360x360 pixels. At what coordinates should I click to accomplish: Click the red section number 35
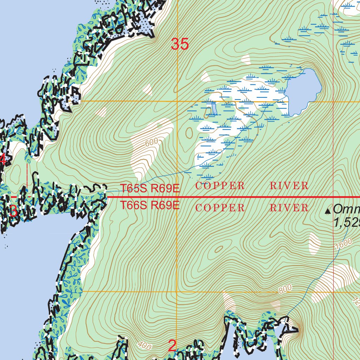tap(180, 44)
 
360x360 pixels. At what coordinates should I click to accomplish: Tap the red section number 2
tap(172, 346)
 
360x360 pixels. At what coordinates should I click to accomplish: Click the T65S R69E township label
tap(150, 189)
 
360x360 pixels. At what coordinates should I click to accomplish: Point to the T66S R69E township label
tap(150, 205)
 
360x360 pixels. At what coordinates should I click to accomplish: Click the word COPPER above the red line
tap(220, 186)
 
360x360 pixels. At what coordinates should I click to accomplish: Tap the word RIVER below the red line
tap(289, 208)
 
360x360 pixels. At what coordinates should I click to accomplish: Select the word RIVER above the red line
tap(289, 186)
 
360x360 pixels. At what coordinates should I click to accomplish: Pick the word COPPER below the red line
tap(220, 208)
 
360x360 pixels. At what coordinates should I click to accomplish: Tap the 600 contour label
tap(151, 142)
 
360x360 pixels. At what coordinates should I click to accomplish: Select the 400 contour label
tap(144, 346)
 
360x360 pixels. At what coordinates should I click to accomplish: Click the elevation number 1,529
tap(346, 224)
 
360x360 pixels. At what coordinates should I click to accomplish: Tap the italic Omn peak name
tap(346, 210)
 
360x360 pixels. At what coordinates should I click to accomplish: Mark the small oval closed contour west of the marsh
tap(190, 133)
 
